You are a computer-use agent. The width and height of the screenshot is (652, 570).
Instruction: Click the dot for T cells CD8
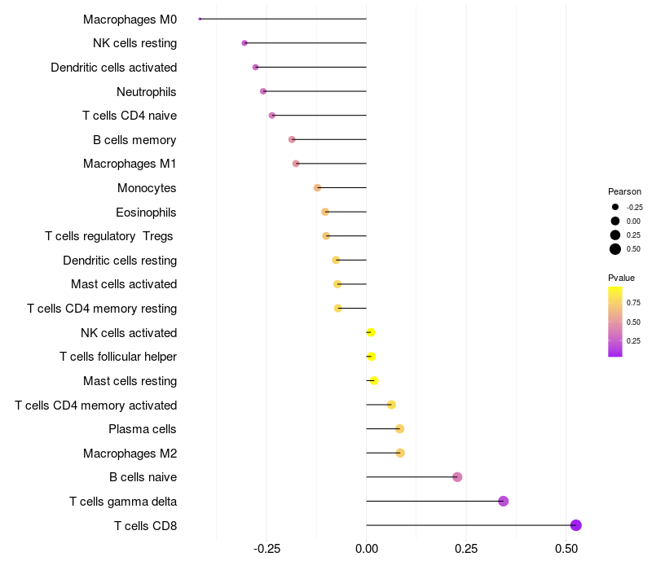(x=576, y=525)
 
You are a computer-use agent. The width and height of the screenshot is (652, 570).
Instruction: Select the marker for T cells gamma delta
(x=503, y=501)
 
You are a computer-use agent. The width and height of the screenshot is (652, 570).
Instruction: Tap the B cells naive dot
(x=457, y=477)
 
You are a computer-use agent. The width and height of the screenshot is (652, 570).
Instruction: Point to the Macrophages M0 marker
(x=200, y=19)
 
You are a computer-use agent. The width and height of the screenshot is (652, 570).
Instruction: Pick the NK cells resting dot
(x=244, y=43)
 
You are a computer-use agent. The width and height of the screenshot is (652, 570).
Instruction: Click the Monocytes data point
(x=317, y=188)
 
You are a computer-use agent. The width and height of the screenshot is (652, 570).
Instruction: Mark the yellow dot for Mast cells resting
(x=374, y=380)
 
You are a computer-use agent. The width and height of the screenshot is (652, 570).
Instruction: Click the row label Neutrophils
(x=147, y=92)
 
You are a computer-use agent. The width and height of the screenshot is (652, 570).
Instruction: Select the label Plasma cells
(x=143, y=429)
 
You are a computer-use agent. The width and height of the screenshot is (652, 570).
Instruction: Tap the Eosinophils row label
(x=147, y=213)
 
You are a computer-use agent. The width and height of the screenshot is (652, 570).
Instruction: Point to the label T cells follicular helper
(x=118, y=357)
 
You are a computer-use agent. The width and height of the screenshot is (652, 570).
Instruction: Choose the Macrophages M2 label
(x=130, y=453)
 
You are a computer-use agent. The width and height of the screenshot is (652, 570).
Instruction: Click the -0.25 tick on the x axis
(x=267, y=550)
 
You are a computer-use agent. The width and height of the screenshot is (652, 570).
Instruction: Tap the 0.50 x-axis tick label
(x=566, y=550)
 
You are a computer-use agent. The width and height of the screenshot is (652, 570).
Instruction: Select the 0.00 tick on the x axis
(x=367, y=550)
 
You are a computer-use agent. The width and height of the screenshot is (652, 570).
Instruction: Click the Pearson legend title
(x=624, y=191)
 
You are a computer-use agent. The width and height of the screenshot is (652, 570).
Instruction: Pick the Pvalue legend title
(x=622, y=278)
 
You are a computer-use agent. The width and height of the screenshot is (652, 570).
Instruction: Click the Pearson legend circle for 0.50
(x=615, y=249)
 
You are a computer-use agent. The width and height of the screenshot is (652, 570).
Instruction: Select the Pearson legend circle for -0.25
(x=615, y=207)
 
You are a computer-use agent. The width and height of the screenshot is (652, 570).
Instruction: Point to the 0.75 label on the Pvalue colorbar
(x=633, y=302)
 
